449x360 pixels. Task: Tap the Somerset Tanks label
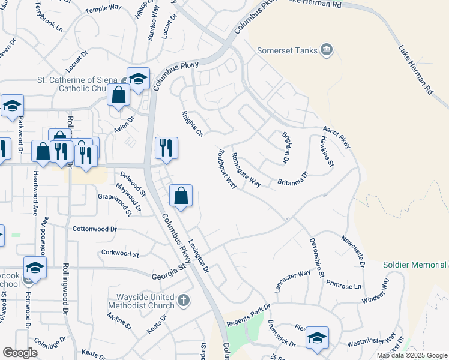click(286, 50)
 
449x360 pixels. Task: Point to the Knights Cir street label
click(193, 123)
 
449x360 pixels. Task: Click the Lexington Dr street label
click(199, 256)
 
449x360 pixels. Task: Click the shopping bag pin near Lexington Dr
click(181, 196)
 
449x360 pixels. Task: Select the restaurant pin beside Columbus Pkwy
click(166, 148)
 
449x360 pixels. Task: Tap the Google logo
click(20, 353)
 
